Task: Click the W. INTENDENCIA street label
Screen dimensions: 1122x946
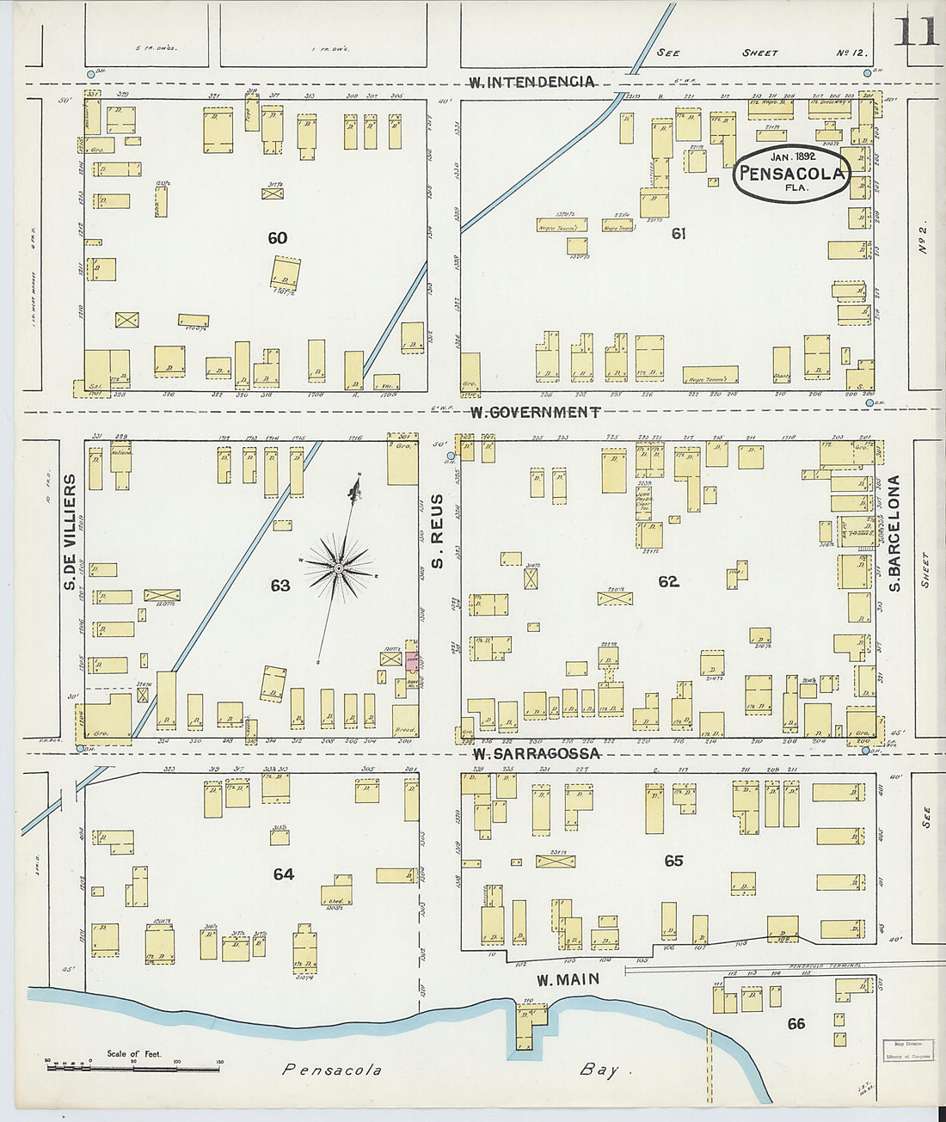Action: (531, 83)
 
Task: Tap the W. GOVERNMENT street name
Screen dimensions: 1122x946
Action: (535, 413)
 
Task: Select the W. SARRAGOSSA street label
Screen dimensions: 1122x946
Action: (536, 754)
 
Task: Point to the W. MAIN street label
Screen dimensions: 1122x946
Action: (567, 980)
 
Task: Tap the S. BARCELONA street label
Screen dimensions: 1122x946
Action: (894, 533)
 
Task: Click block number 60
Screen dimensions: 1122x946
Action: (277, 238)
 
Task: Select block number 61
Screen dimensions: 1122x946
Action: (679, 233)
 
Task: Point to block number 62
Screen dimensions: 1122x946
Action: (668, 582)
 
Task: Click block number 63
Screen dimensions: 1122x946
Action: (280, 586)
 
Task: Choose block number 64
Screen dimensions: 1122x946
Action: (283, 874)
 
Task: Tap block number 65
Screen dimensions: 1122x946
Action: (673, 861)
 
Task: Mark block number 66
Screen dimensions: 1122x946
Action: (796, 1024)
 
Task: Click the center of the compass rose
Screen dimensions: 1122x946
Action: (339, 568)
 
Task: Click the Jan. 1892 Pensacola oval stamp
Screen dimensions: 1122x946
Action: (792, 173)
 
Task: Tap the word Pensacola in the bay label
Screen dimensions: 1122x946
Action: (332, 1070)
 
